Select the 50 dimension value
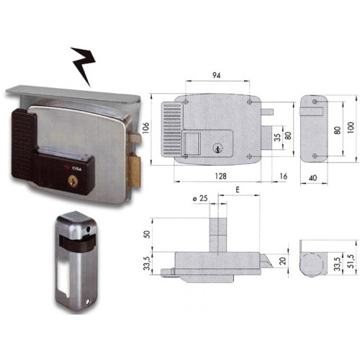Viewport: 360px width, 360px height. tap(148, 235)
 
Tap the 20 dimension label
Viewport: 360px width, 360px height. tap(284, 261)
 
